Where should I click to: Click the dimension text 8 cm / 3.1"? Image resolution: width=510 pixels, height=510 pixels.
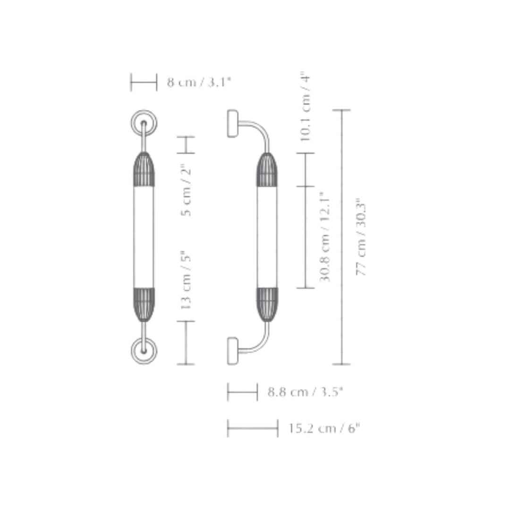[x=199, y=82]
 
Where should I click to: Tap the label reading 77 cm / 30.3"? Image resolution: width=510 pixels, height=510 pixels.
[x=361, y=237]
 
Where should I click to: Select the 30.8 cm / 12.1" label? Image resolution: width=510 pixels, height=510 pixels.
[x=324, y=240]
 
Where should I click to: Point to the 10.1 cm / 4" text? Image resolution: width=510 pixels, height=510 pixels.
[x=305, y=106]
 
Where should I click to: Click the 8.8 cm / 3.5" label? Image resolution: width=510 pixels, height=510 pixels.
[x=306, y=391]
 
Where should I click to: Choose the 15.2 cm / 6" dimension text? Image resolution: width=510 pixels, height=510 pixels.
[x=324, y=428]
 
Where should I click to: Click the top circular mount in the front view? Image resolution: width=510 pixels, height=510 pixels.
[x=144, y=123]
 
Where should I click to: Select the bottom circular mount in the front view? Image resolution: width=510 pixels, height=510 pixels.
[x=144, y=351]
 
